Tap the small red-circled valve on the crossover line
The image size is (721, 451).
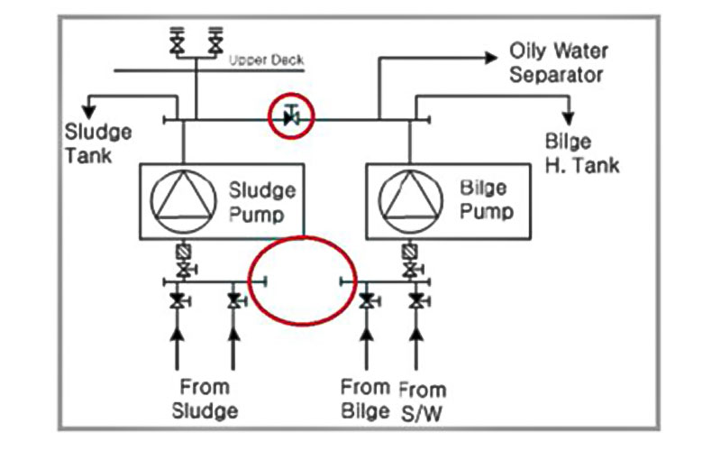(x=290, y=115)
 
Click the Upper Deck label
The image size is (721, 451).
(x=266, y=60)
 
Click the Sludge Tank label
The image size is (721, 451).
(x=98, y=143)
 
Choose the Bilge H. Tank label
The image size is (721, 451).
(x=581, y=153)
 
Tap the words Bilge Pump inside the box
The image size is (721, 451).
(x=486, y=201)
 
